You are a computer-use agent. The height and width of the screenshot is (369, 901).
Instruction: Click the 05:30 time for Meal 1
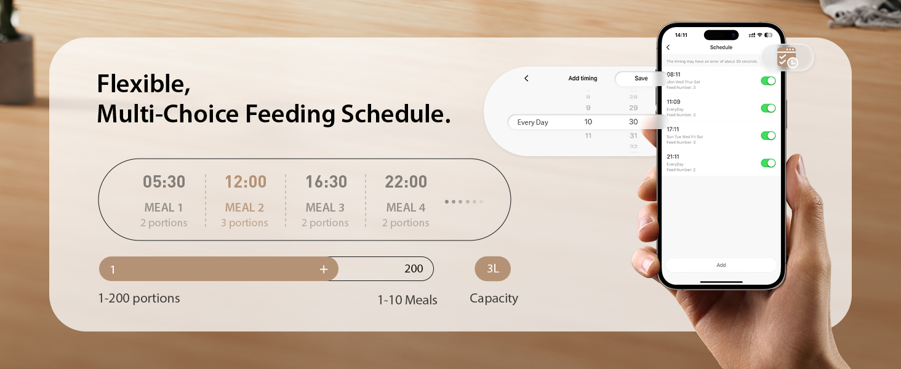point(164,182)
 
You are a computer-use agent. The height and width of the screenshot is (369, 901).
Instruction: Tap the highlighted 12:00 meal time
point(246,182)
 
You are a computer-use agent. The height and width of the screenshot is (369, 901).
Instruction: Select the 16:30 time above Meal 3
point(326,182)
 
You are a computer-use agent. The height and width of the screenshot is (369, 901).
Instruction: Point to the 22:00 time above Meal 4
point(406,182)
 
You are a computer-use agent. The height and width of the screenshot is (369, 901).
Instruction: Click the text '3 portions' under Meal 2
point(244,223)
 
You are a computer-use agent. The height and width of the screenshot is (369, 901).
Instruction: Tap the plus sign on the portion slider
point(324,269)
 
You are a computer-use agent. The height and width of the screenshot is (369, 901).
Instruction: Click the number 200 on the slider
point(414,269)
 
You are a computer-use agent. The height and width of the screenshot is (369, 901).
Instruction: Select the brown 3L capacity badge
point(492,269)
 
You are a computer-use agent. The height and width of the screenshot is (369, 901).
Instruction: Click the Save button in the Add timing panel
point(641,79)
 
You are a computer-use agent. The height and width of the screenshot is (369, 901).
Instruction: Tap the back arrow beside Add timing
point(526,79)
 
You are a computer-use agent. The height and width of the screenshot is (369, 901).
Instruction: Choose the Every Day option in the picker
point(532,122)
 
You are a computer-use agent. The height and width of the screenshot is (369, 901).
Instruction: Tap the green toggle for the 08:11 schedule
point(767,81)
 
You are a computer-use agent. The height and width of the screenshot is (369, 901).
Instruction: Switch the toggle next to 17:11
point(767,136)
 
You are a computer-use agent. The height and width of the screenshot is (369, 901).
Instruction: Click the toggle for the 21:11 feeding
point(767,163)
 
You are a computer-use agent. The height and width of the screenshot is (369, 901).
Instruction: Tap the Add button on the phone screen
point(721,265)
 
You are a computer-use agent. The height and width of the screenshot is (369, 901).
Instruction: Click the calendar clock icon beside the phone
point(787,58)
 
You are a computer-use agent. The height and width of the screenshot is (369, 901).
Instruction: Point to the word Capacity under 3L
point(494,298)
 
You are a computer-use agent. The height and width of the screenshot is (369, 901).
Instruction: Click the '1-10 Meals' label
point(407,300)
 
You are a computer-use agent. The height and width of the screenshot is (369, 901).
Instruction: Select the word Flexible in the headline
point(143,84)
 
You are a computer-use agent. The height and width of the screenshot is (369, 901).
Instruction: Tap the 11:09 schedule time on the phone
point(673,102)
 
